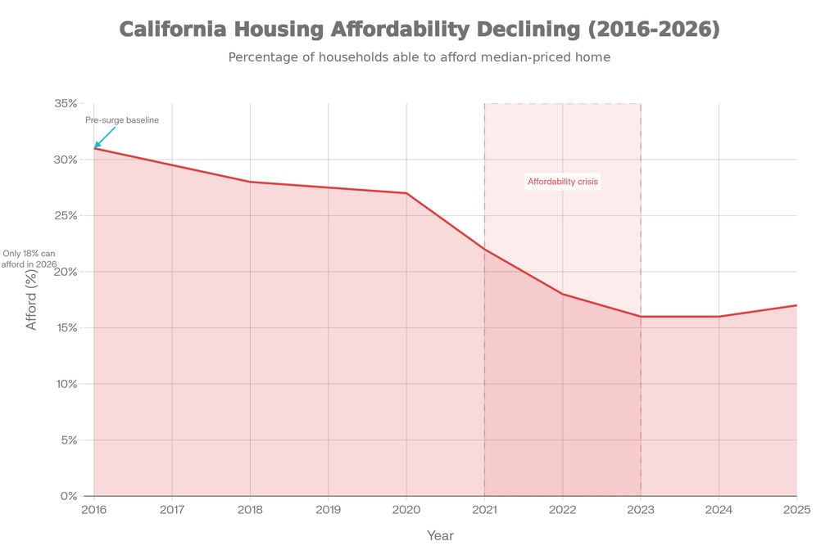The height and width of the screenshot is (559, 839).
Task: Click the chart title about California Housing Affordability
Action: [x=419, y=30]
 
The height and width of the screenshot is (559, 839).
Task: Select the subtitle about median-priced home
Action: [x=419, y=57]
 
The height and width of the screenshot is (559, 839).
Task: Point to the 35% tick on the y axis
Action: [x=66, y=103]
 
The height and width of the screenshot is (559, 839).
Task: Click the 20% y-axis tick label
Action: [x=66, y=272]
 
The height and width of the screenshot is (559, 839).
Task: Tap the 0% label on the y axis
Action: [x=69, y=496]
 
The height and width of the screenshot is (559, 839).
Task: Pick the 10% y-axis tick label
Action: [x=66, y=384]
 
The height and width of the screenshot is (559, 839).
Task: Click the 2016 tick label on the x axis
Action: [x=93, y=510]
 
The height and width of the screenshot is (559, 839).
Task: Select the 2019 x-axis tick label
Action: [x=328, y=510]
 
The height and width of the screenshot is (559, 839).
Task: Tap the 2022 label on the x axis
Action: [x=562, y=510]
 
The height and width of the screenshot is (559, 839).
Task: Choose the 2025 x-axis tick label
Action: [x=796, y=510]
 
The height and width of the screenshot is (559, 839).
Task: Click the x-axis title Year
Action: [x=440, y=536]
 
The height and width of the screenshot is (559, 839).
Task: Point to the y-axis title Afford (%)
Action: [x=32, y=300]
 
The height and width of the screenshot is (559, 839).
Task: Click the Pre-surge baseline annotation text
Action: [x=122, y=120]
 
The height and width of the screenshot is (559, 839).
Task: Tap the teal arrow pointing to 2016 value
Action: [x=105, y=137]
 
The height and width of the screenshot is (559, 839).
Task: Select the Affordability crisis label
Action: [x=563, y=182]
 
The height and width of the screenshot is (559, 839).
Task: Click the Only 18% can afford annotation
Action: [x=29, y=259]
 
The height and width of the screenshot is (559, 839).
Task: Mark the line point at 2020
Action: [x=406, y=193]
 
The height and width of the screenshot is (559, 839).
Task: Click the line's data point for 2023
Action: [x=641, y=317]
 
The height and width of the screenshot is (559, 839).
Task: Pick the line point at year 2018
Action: [x=250, y=182]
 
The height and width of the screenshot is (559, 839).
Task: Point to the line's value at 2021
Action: [x=484, y=249]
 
